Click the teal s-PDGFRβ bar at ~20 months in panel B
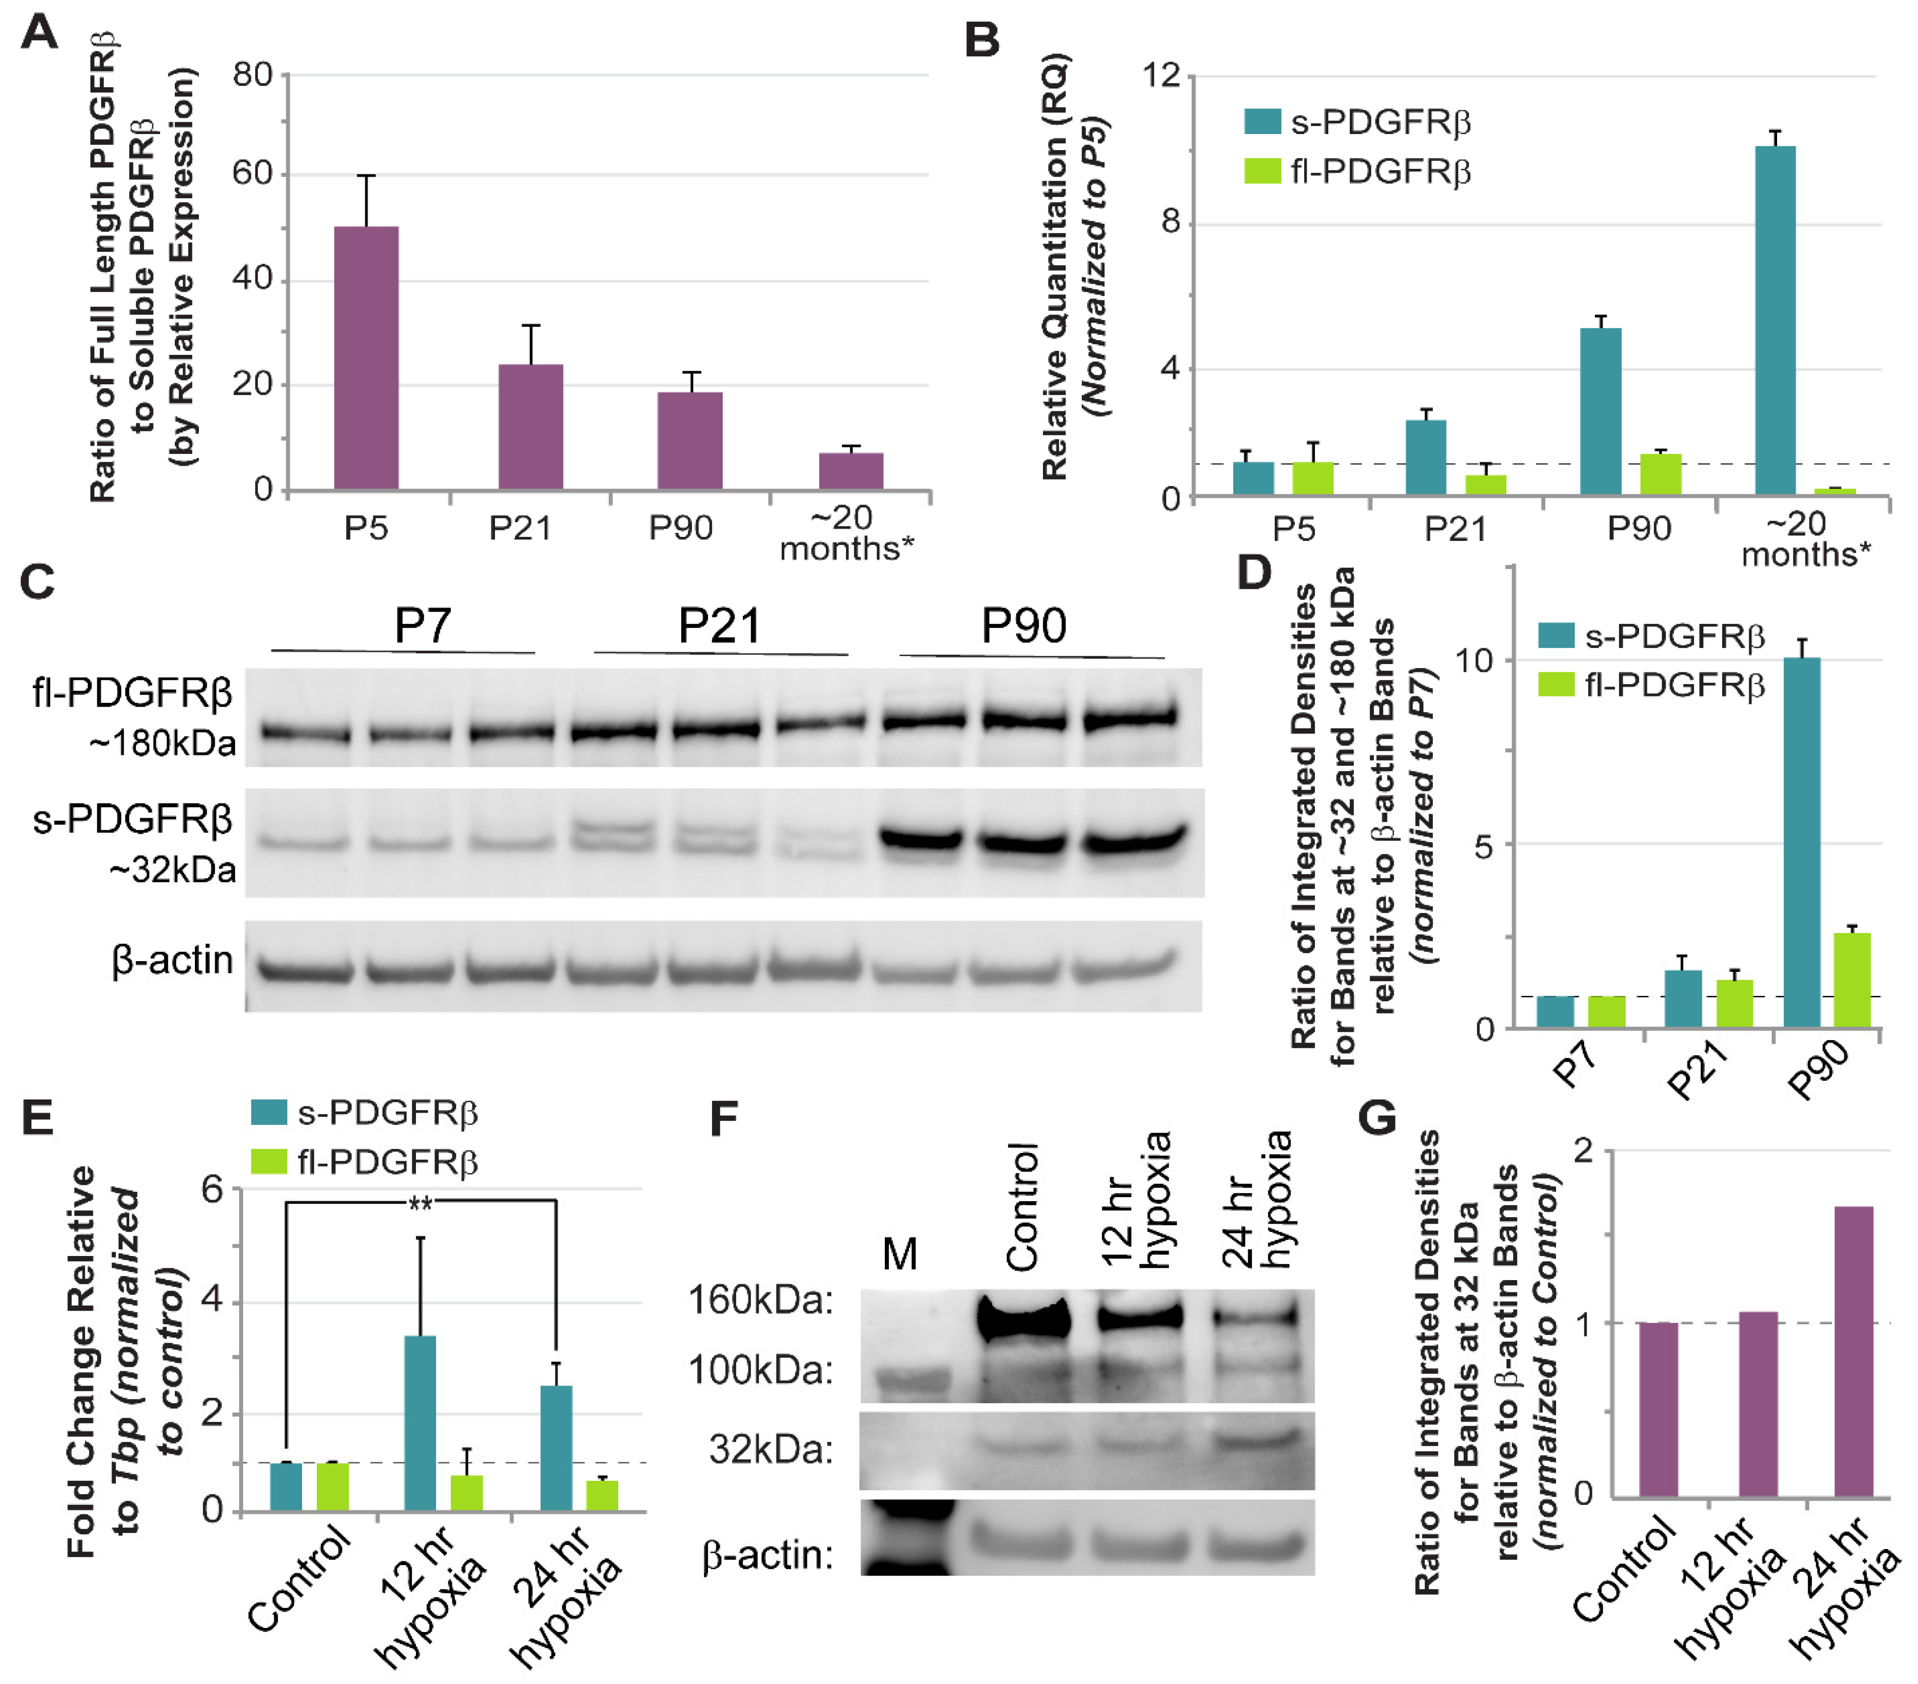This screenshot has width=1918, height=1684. (x=1775, y=319)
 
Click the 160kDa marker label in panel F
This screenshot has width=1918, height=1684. (x=760, y=1300)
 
